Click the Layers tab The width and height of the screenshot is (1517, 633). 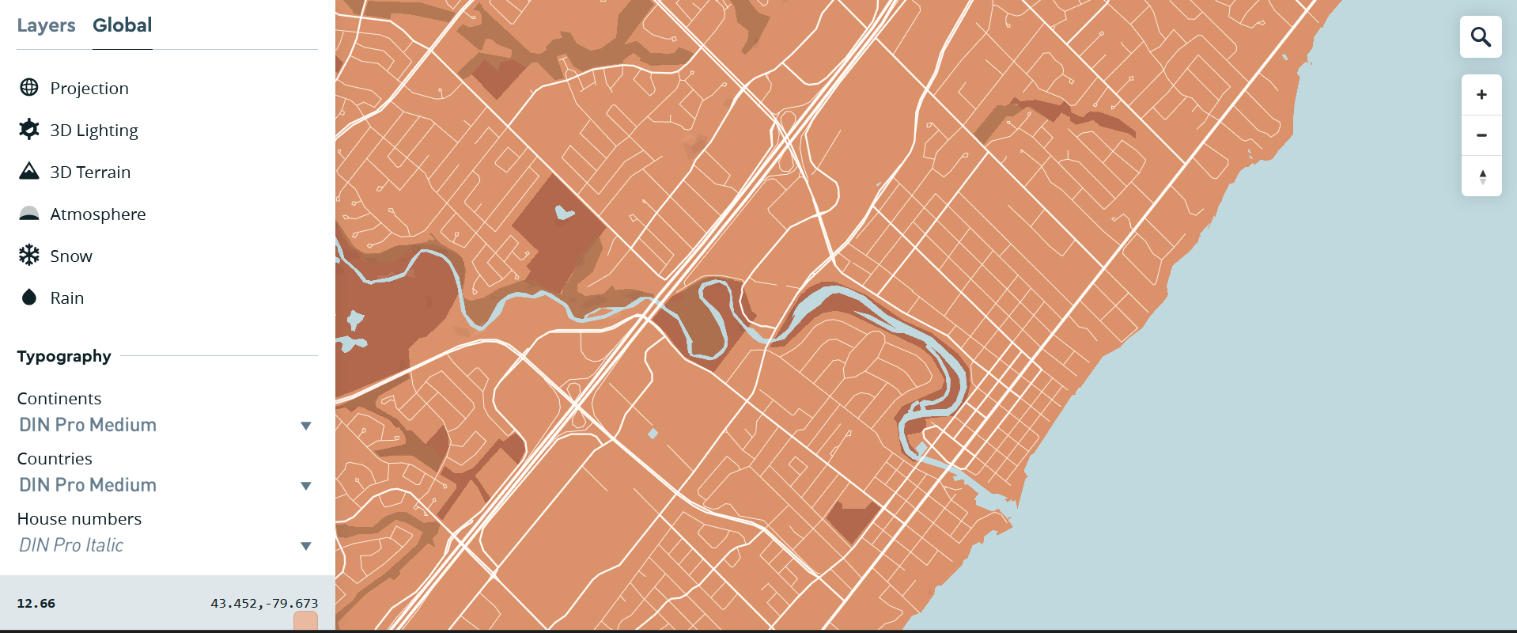pos(46,25)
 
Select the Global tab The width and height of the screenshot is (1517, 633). pos(122,25)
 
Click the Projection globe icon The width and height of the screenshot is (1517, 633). pos(29,88)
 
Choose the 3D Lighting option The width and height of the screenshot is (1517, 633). pos(93,130)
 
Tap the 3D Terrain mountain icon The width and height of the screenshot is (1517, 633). pos(29,171)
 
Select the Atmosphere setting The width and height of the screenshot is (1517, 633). pos(97,214)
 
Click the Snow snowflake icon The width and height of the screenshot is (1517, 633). pos(29,255)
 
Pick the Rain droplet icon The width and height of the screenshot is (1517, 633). pos(29,298)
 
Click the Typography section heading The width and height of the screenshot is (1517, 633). pos(64,356)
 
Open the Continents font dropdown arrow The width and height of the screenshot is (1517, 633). pos(306,426)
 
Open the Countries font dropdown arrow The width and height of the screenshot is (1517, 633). pos(306,486)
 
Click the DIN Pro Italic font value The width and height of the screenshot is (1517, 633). pos(71,545)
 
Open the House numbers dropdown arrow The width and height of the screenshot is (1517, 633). pos(306,546)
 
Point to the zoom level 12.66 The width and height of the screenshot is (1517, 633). pos(36,603)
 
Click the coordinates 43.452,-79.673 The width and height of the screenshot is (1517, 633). pos(264,603)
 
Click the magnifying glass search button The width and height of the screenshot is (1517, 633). pos(1481,37)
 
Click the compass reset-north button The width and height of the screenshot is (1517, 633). pos(1482,176)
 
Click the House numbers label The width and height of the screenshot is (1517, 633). pos(79,519)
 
